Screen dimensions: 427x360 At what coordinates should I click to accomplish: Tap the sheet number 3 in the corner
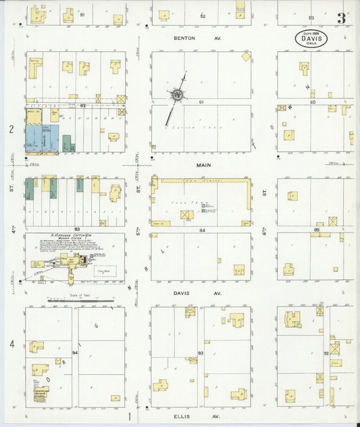pos(342,18)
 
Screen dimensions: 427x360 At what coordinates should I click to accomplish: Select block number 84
pos(202,230)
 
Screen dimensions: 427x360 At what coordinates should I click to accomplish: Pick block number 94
pos(75,353)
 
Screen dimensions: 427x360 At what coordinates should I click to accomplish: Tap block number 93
pos(201,353)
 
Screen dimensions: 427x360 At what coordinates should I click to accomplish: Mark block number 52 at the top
pos(202,15)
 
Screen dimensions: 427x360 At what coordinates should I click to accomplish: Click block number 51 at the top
pos(82,15)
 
